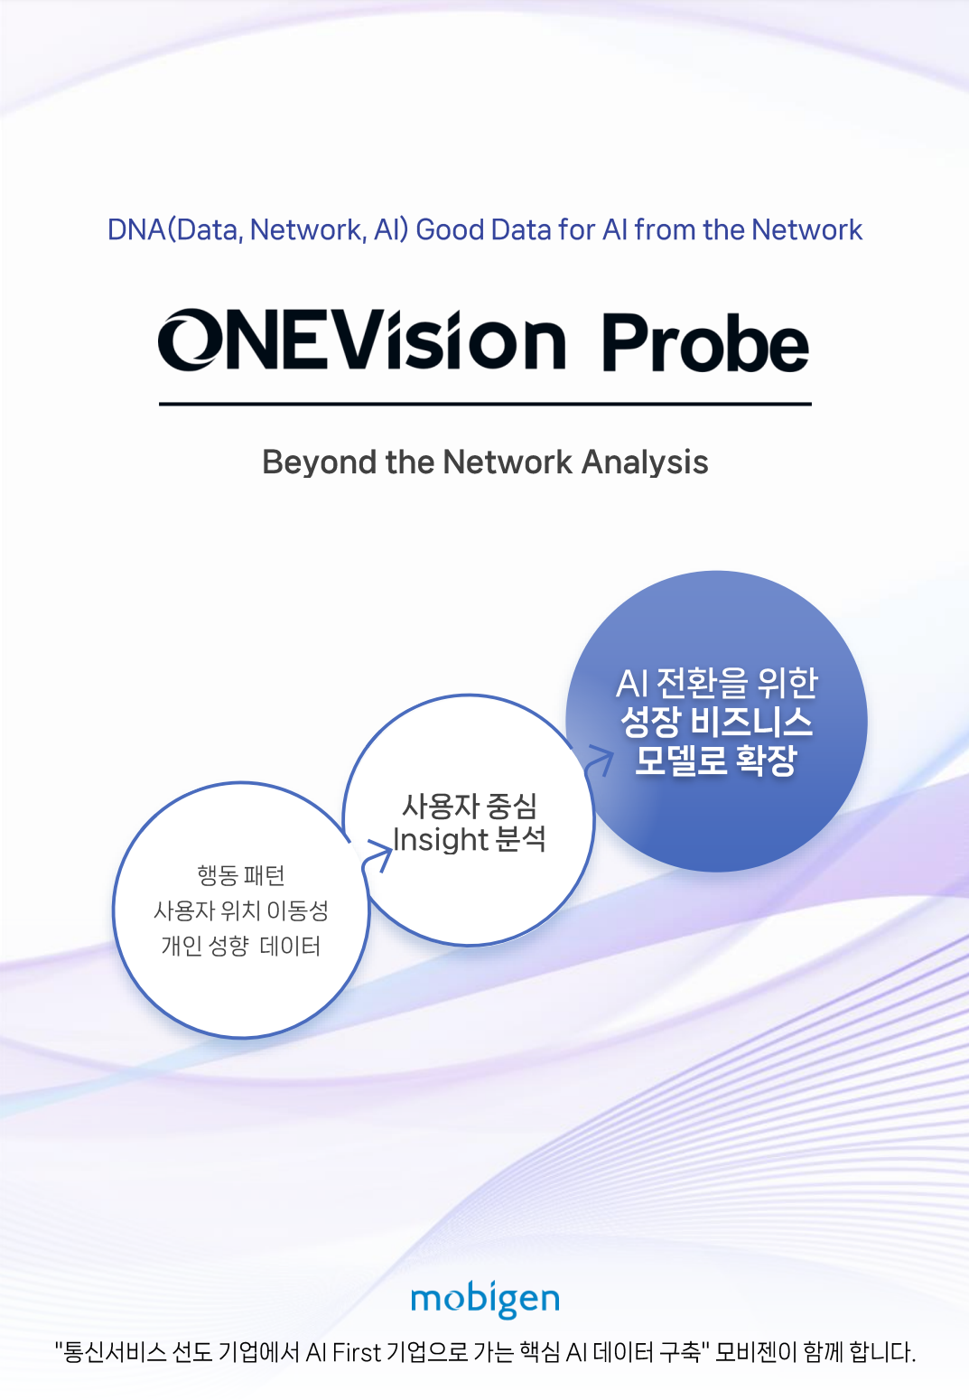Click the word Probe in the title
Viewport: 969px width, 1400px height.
pos(705,342)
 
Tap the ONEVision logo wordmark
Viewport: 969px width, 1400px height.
pos(362,340)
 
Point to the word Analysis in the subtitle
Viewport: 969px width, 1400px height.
pos(645,463)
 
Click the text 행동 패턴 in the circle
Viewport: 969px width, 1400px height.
pos(240,875)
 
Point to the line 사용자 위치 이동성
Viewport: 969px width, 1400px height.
pos(240,910)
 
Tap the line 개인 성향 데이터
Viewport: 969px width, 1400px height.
pos(240,946)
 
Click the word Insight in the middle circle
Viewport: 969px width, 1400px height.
pos(440,839)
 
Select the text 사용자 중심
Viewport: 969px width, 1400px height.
pos(469,806)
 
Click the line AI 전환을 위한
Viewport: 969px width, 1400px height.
pos(716,684)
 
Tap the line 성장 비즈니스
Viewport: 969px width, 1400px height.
pos(716,723)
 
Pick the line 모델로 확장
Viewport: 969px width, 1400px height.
pos(716,761)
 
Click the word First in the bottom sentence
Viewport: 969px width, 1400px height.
pos(356,1353)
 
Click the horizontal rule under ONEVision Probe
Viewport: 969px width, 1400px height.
pos(485,405)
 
